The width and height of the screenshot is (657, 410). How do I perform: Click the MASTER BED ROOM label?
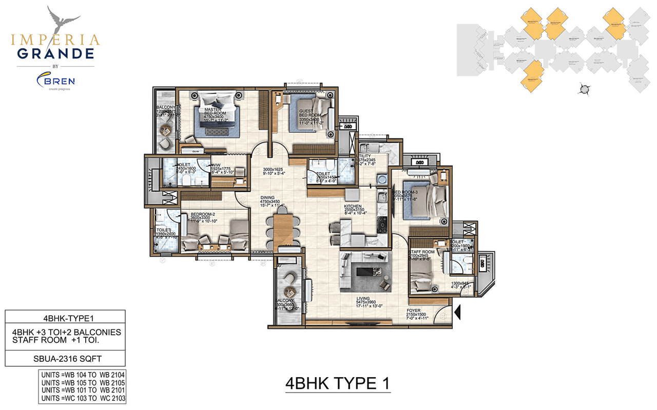click(212, 111)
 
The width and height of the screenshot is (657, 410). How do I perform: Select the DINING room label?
click(267, 197)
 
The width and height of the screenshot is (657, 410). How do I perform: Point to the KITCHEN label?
click(353, 206)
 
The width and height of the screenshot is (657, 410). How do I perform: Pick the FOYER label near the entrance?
click(414, 311)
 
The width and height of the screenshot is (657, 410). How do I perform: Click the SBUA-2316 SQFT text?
click(65, 358)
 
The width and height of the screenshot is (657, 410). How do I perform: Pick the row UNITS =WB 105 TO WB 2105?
click(82, 382)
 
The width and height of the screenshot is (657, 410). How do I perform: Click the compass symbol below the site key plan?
click(583, 89)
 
